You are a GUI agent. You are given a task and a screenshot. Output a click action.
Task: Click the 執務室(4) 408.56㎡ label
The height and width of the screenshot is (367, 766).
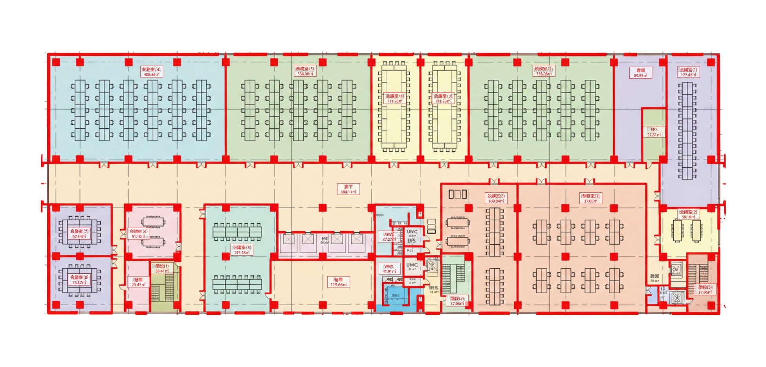(151, 72)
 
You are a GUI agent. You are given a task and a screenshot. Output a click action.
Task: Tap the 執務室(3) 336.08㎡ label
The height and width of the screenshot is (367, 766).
(305, 71)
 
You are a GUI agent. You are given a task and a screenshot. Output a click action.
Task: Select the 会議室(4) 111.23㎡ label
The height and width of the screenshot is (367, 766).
(394, 98)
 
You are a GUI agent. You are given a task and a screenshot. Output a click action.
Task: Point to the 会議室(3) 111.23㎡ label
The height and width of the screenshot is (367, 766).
(443, 98)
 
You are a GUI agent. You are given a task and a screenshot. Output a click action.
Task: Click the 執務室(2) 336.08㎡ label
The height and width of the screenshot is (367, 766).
(544, 71)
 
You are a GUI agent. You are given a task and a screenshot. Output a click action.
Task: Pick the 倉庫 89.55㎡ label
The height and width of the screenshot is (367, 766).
(640, 73)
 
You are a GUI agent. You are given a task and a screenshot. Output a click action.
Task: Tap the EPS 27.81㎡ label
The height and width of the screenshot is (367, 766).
(654, 132)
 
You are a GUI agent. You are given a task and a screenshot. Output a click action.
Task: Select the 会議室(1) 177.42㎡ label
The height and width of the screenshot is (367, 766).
(688, 72)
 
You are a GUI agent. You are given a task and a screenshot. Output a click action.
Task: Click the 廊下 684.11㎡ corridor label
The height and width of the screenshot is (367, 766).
(348, 189)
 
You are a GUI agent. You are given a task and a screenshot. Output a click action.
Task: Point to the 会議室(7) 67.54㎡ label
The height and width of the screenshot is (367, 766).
(79, 234)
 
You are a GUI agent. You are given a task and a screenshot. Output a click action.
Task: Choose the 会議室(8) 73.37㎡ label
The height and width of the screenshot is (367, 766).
(79, 280)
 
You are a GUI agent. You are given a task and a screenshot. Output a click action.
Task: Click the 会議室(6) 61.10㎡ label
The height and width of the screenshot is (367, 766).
(138, 234)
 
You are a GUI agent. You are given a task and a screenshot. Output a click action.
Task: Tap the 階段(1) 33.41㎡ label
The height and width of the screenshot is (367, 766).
(162, 269)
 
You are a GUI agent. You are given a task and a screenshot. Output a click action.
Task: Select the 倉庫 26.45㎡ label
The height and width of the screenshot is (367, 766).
(138, 282)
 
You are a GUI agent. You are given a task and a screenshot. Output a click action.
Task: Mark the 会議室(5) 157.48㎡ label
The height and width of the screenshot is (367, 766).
(242, 250)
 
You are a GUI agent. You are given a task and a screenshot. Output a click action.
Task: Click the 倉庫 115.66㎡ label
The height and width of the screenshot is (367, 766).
(338, 282)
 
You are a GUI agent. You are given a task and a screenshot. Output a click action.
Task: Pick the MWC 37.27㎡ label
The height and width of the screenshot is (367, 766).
(389, 237)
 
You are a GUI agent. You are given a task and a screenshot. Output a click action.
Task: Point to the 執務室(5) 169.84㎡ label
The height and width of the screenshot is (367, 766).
(496, 198)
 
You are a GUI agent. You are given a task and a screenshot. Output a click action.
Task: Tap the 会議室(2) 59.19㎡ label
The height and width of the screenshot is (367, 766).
(688, 214)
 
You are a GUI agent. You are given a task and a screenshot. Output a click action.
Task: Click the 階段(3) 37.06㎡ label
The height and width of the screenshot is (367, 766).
(705, 290)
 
